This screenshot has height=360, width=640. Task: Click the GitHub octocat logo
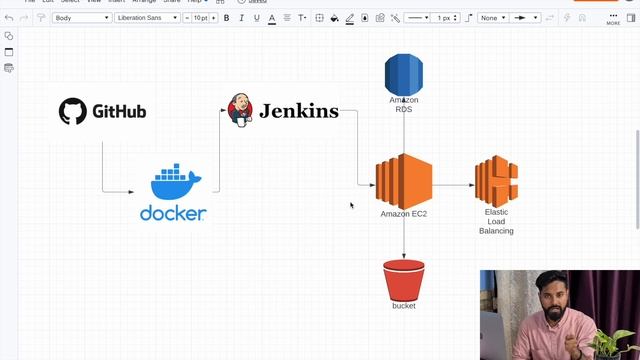72,111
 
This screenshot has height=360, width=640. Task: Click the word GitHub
119,111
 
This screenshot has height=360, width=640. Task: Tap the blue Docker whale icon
175,182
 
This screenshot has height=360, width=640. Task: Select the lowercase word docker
173,213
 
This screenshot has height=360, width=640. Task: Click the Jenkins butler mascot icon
240,110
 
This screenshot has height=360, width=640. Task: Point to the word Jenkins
298,111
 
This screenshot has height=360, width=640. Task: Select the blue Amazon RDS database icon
404,75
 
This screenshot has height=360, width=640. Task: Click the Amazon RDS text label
404,105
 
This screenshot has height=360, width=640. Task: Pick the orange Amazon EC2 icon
403,181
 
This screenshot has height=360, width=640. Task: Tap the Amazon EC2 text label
404,214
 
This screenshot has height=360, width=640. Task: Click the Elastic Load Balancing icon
496,181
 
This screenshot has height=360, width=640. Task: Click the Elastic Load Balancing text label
497,221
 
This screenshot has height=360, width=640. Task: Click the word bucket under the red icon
404,306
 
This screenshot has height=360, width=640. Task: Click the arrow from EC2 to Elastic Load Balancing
453,185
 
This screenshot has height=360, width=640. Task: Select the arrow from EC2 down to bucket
404,240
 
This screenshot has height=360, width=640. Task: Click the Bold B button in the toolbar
226,18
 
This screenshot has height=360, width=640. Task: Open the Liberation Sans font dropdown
147,18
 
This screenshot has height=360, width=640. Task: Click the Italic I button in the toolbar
241,18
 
